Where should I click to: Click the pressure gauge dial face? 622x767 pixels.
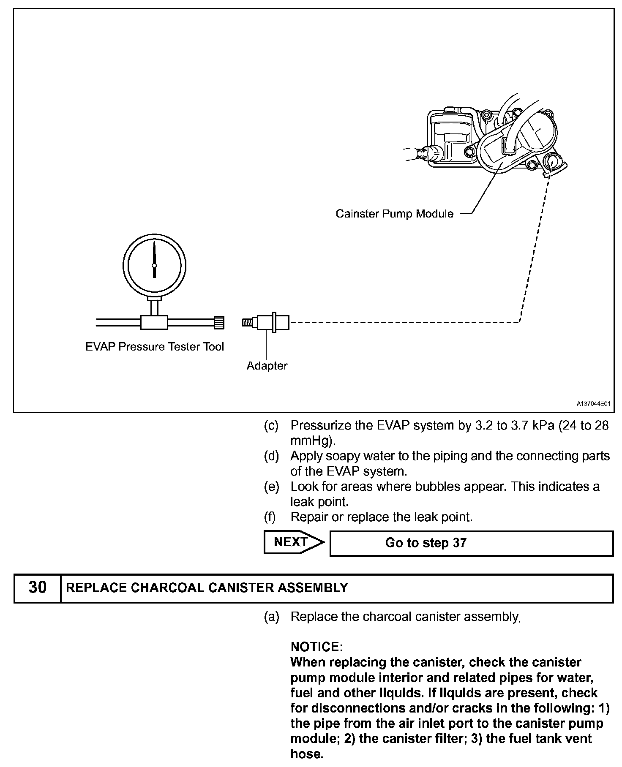click(154, 265)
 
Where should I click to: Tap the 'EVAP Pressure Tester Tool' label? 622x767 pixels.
click(155, 347)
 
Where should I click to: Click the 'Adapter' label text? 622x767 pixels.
click(267, 366)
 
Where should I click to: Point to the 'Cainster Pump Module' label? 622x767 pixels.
click(394, 214)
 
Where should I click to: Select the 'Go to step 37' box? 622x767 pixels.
click(471, 543)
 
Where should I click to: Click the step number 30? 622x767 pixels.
click(37, 587)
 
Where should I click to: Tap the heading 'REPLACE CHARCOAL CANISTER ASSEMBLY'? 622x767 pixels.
click(207, 587)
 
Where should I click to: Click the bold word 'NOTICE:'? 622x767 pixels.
click(316, 647)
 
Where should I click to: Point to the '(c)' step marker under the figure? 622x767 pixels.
click(271, 425)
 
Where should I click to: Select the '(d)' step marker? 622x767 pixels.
click(271, 456)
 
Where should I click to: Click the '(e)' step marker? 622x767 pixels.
click(271, 487)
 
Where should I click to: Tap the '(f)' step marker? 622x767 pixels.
click(270, 517)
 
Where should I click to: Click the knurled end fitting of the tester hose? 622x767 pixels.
click(219, 323)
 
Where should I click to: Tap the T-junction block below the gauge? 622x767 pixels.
click(154, 323)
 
